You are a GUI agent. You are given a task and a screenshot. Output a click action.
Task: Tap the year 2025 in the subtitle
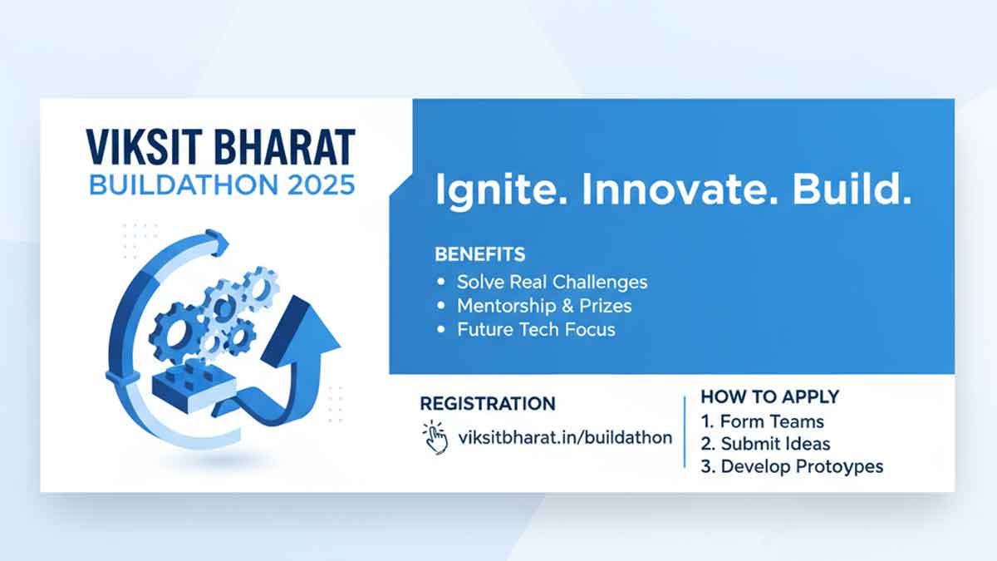click(321, 185)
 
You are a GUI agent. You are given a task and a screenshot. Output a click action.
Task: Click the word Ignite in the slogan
click(501, 190)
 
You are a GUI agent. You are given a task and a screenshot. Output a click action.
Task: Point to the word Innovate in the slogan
click(680, 189)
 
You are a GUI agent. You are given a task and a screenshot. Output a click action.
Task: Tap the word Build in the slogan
click(852, 189)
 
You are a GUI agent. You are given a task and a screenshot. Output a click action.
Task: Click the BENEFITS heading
click(480, 254)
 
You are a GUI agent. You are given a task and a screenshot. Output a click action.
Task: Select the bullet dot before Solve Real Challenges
click(441, 282)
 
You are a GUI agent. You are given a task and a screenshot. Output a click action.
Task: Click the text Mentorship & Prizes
click(544, 306)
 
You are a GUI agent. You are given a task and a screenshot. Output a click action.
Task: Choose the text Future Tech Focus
click(537, 329)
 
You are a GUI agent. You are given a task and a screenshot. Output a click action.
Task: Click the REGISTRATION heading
click(488, 404)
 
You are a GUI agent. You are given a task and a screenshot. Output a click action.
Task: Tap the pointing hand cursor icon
click(435, 438)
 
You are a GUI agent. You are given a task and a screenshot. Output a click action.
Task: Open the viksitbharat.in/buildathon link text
click(565, 438)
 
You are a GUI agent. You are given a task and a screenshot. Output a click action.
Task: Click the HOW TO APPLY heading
click(770, 396)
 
